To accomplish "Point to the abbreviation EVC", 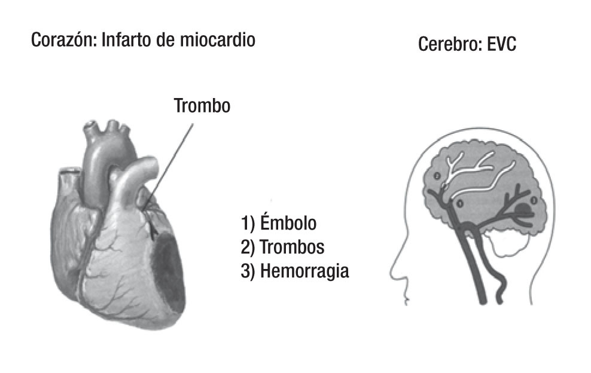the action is point(501,45).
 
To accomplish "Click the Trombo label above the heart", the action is point(202,106).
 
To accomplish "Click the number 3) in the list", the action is point(248,271).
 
